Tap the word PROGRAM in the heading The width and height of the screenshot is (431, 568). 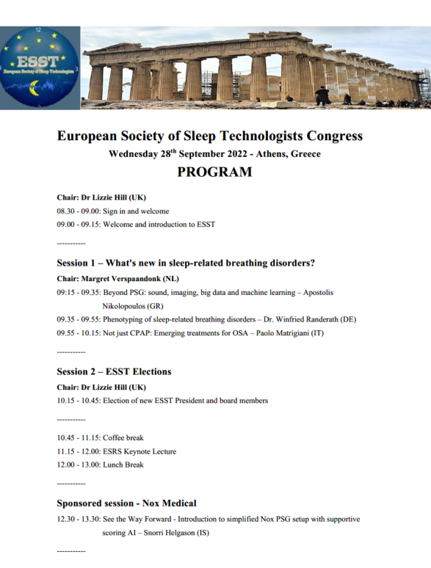coord(214,172)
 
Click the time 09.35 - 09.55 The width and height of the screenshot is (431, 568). coord(77,319)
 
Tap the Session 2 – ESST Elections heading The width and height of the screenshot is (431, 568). coord(114,371)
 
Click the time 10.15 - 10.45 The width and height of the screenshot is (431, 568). coord(77,401)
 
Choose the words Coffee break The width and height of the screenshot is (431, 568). coord(123,437)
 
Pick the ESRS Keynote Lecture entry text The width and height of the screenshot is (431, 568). coord(140,451)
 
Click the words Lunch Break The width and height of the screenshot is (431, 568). coord(123,465)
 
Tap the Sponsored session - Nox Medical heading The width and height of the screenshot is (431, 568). coord(126,503)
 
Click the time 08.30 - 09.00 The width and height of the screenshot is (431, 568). coord(77,211)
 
